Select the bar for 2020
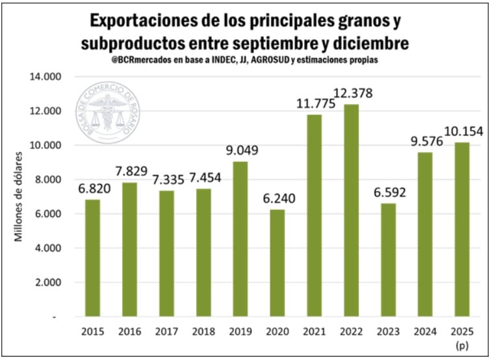tap(277, 263)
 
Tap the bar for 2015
tap(94, 257)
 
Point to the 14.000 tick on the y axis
tap(45, 77)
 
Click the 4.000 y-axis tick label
tap(47, 248)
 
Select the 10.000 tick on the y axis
tap(45, 145)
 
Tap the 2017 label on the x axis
tap(167, 331)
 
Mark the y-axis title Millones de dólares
tap(19, 196)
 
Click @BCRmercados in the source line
tap(139, 60)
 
